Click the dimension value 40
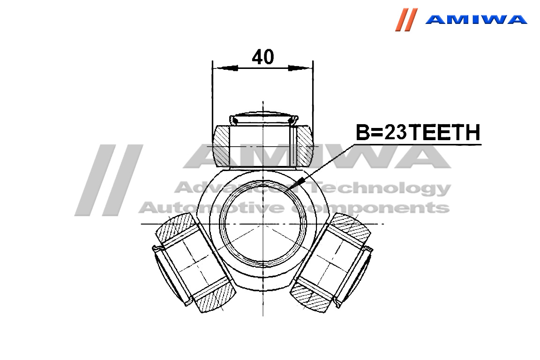click(263, 57)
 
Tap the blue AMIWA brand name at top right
click(476, 19)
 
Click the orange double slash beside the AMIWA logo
click(406, 20)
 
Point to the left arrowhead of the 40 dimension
click(225, 68)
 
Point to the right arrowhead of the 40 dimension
click(300, 68)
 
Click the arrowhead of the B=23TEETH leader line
click(297, 183)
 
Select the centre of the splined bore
click(263, 224)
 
